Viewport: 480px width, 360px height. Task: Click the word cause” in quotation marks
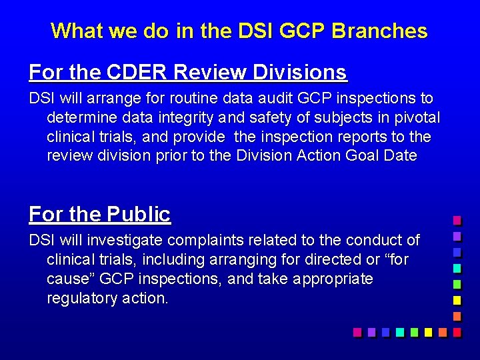tap(69, 279)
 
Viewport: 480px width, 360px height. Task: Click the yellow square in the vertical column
tap(457, 299)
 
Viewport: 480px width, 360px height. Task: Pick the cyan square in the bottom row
tap(399, 331)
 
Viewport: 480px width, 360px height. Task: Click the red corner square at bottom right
tap(457, 331)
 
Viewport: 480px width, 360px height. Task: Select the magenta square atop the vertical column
tap(457, 220)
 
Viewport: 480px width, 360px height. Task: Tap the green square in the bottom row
tap(414, 331)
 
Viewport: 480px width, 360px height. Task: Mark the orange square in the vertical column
tap(457, 315)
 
